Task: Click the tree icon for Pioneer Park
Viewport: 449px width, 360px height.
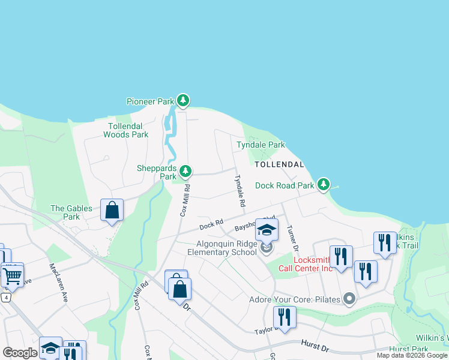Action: click(183, 101)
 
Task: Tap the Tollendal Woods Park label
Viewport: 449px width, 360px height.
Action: click(125, 130)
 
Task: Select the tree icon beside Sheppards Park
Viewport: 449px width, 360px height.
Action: click(186, 172)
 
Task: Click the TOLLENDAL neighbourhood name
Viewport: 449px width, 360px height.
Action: click(279, 164)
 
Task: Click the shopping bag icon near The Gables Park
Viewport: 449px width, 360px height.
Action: click(112, 211)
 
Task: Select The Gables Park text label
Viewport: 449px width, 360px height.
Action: click(71, 212)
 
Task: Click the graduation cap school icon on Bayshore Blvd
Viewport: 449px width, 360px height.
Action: click(267, 230)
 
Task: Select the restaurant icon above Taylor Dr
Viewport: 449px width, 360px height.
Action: click(284, 316)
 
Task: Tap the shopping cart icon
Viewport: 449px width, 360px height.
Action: click(12, 275)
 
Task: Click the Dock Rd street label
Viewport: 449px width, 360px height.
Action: click(211, 226)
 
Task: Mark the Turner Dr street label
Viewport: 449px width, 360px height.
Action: click(292, 238)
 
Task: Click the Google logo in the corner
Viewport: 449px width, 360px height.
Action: click(20, 353)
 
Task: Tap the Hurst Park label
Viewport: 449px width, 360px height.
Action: click(408, 349)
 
